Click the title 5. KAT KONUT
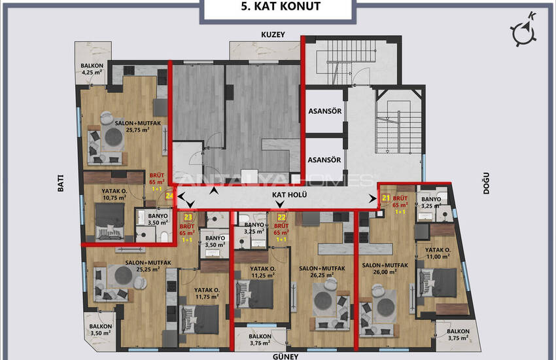click(281, 7)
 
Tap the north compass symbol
click(524, 30)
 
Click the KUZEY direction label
click(273, 35)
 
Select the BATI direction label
click(61, 183)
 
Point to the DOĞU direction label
click(486, 183)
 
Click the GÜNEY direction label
click(285, 357)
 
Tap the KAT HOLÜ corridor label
click(290, 194)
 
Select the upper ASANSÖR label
click(325, 111)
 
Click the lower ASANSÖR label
click(324, 160)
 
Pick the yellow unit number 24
click(169, 196)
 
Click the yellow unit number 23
click(188, 217)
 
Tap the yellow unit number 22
click(281, 217)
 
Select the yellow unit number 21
click(386, 198)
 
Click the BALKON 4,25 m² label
click(92, 69)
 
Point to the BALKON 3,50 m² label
click(100, 329)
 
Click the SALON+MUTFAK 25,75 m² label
click(137, 126)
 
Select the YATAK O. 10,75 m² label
click(114, 194)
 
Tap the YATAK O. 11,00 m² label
click(438, 253)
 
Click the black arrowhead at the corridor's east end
click(373, 198)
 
